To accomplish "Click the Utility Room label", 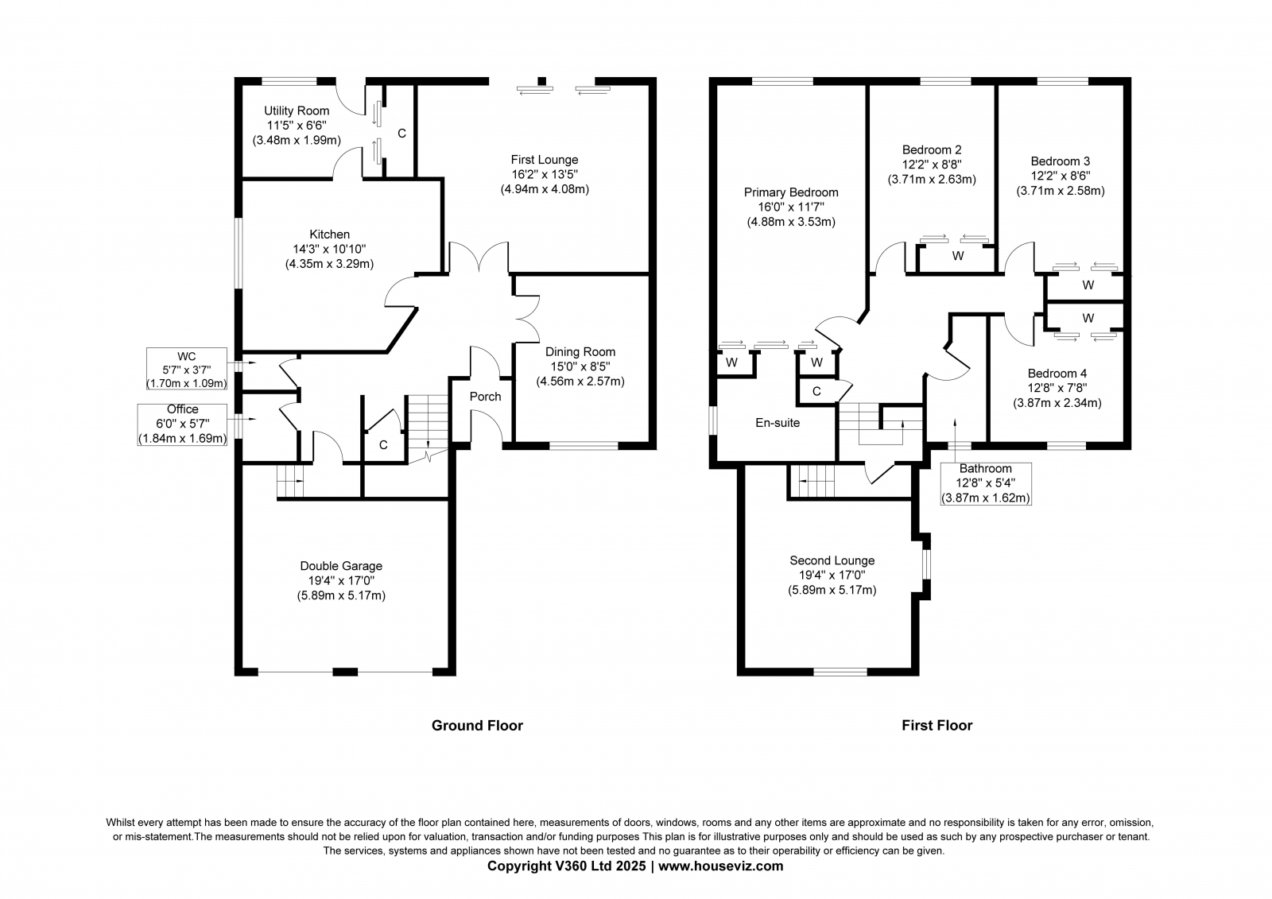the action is coord(297,110).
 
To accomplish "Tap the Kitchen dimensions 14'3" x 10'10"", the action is coord(329,249).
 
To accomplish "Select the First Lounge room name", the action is coord(545,160).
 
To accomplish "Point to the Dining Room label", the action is coord(580,352).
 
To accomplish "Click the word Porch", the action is coord(486,397).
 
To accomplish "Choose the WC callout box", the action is coord(187,369).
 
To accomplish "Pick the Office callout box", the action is coord(182,424).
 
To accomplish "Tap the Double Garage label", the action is coord(341,566).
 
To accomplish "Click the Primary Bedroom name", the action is coord(791,192).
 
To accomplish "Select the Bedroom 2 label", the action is coord(932,150).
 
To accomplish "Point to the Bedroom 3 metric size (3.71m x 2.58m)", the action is coord(1061,191).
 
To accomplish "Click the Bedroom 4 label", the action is coord(1057,374).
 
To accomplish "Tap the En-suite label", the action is coord(778,423).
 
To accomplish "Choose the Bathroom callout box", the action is coord(986,484).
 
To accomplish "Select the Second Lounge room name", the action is coord(832,560).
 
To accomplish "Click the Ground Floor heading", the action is coord(477,725).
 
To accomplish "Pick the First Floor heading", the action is coord(937,725).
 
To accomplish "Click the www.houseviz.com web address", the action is coord(720,866).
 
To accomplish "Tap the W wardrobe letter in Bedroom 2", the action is coord(958,256).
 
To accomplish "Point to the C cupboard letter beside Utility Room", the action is coord(402,134).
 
